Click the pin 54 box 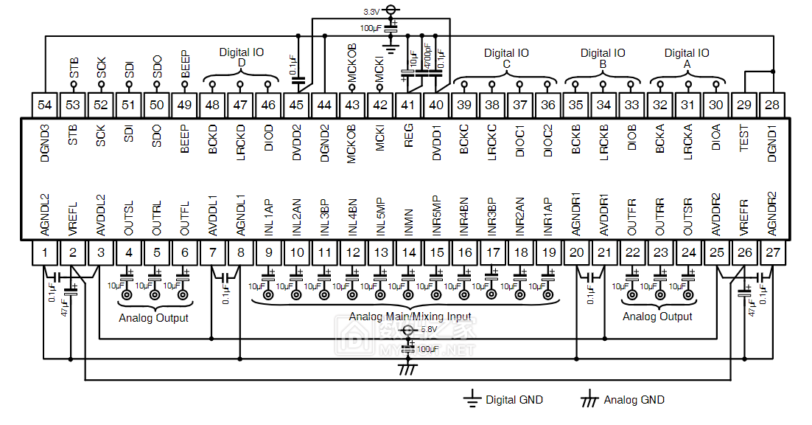click(x=45, y=105)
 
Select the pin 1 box click(x=45, y=254)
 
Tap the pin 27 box click(x=773, y=254)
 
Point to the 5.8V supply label click(x=428, y=330)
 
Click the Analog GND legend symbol click(x=589, y=400)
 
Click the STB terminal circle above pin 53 click(x=73, y=86)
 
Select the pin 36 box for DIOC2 click(x=548, y=105)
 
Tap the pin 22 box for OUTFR click(x=632, y=254)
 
